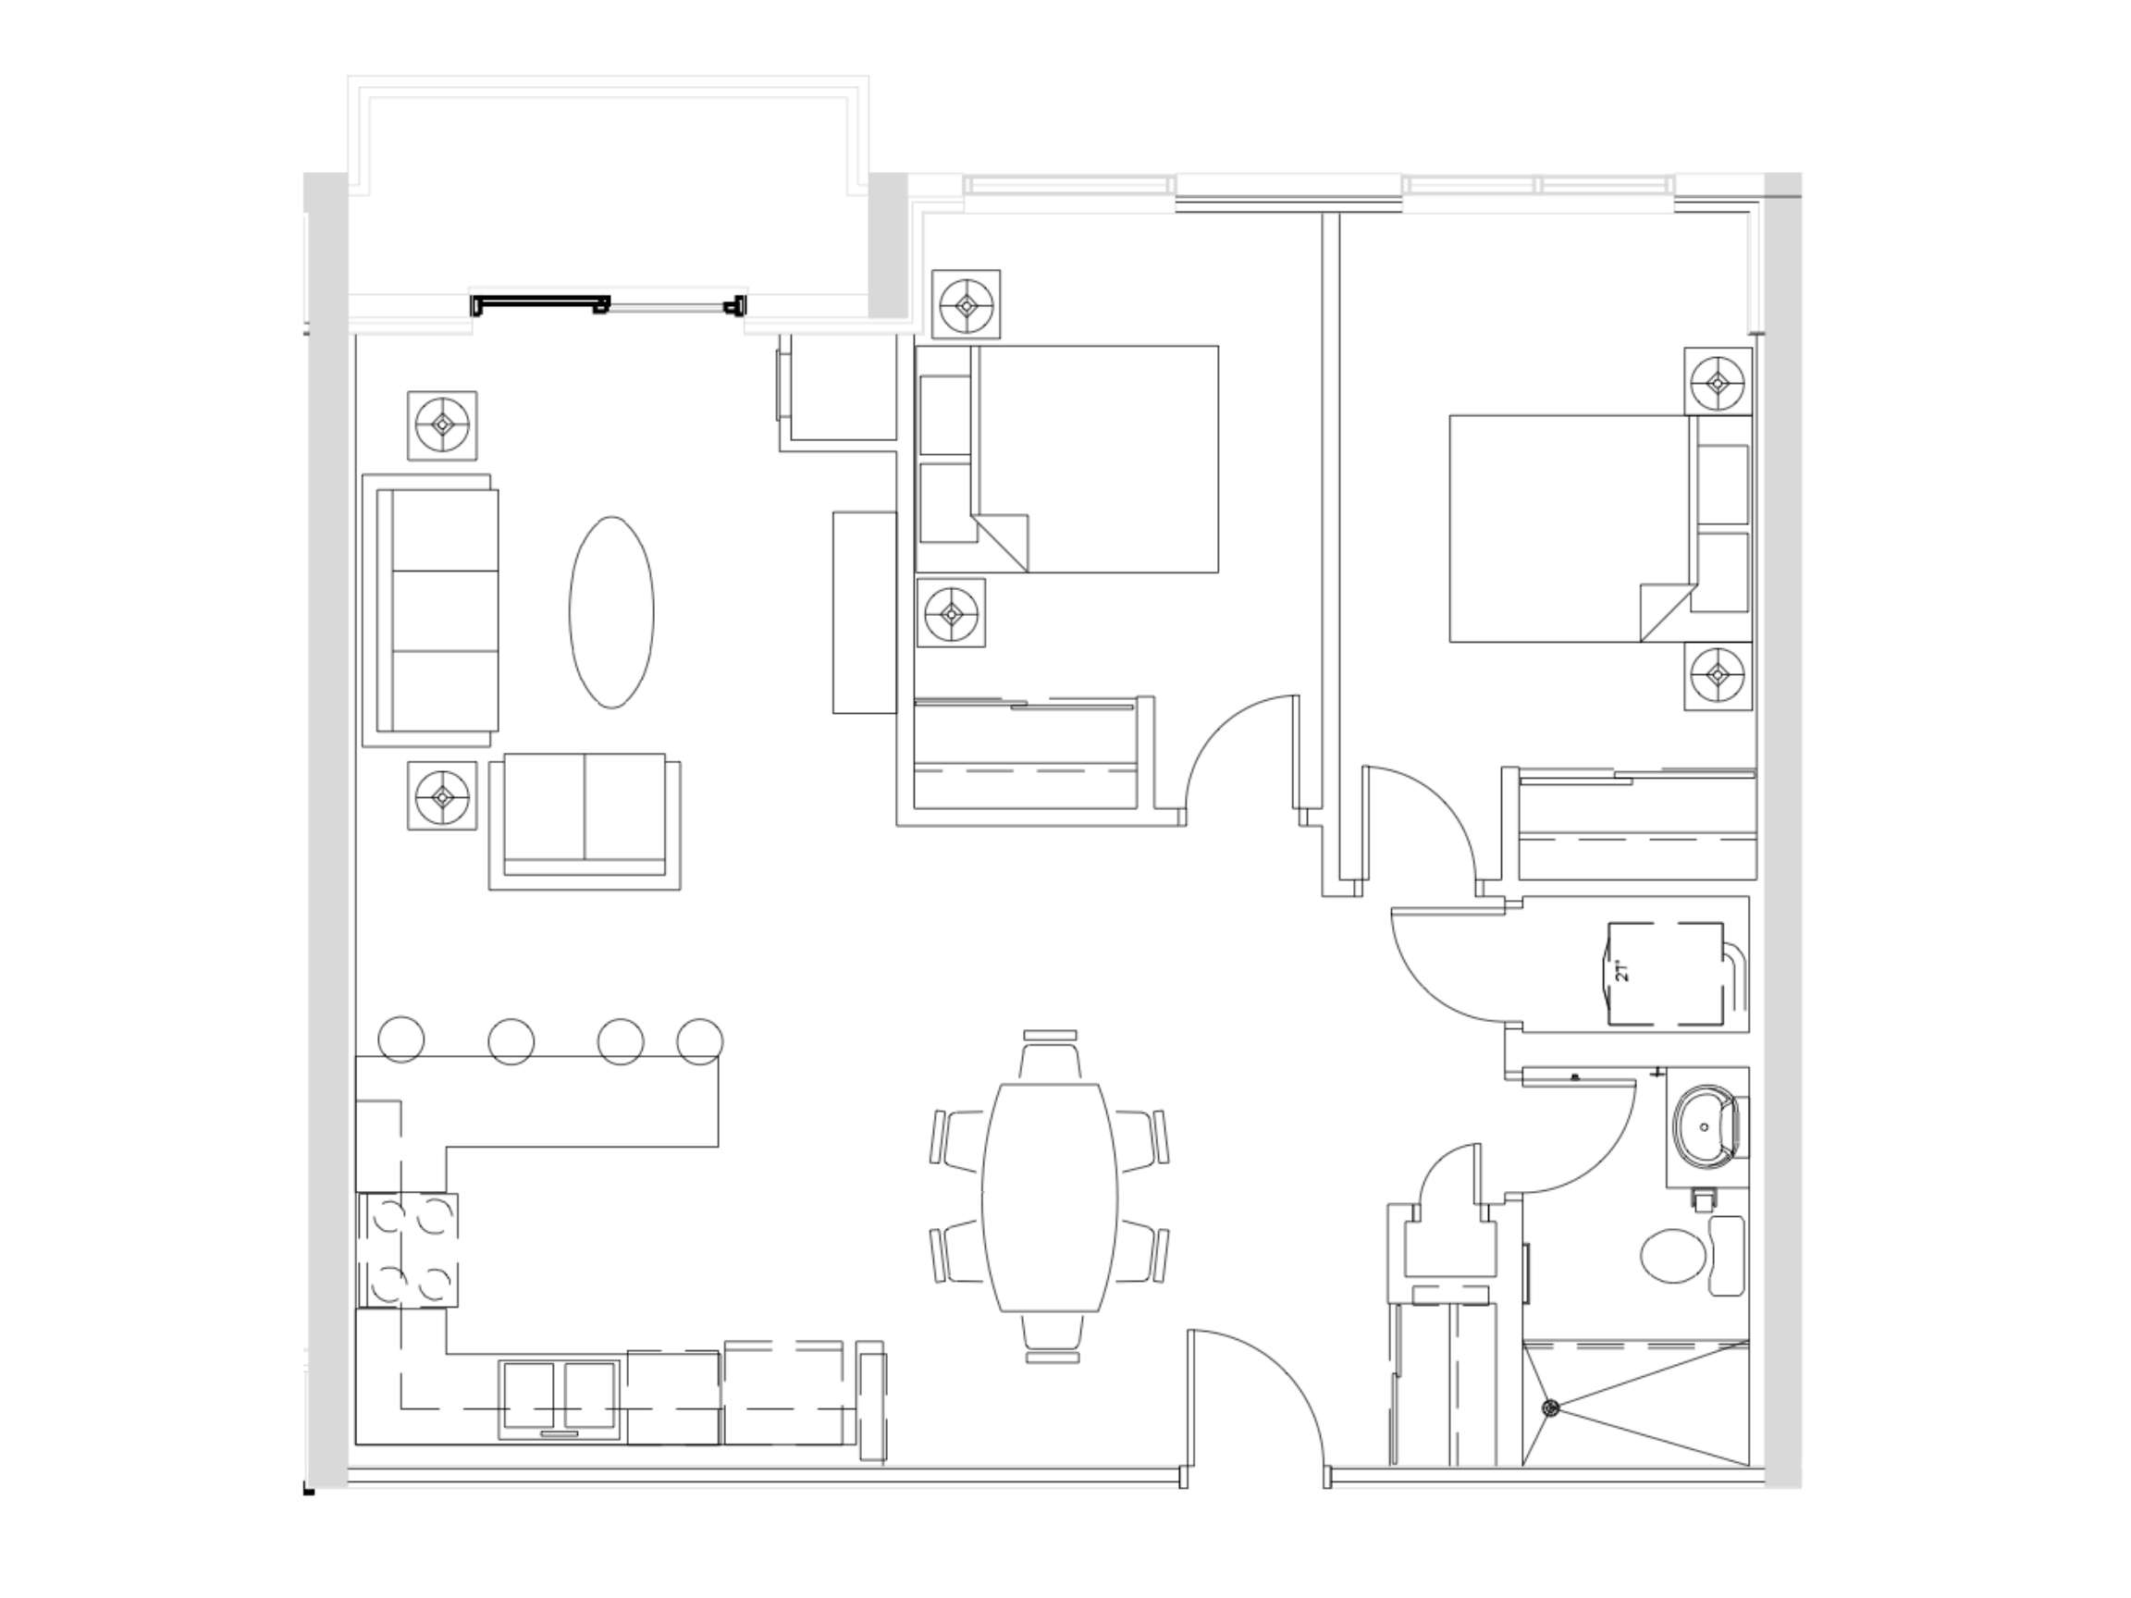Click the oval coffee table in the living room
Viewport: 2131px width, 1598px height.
[x=611, y=612]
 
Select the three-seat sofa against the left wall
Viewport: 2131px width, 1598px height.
[x=438, y=610]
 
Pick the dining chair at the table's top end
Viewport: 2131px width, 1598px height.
[x=1050, y=1058]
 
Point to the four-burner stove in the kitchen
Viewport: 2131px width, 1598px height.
[x=409, y=1249]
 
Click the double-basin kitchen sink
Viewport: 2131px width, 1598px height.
[x=559, y=1398]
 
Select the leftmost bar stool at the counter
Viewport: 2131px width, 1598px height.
[x=401, y=1040]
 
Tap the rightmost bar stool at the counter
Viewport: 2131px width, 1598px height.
[x=700, y=1040]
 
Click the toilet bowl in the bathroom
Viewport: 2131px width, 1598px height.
[x=1674, y=1256]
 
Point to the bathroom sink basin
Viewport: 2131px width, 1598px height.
[x=1705, y=1126]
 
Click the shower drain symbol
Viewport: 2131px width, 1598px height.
[x=1550, y=1408]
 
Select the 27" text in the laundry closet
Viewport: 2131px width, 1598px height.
[x=1623, y=969]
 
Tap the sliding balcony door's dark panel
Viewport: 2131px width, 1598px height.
[x=539, y=304]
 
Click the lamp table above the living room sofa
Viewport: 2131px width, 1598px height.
[x=442, y=424]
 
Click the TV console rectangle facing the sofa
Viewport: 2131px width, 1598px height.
[x=864, y=612]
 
